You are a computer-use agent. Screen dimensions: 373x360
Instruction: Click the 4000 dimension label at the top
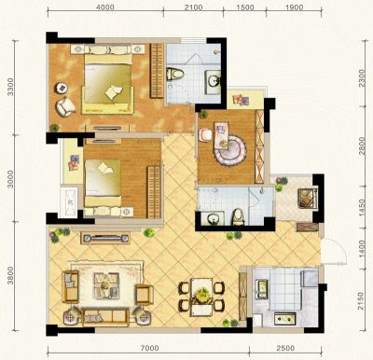(x=105, y=7)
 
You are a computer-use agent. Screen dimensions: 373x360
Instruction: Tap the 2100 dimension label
(x=193, y=7)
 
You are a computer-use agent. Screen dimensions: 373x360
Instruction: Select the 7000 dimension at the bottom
(x=149, y=348)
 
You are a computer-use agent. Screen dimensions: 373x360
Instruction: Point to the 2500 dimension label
(x=285, y=348)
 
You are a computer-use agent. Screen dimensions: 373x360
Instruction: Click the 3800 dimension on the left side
(x=11, y=275)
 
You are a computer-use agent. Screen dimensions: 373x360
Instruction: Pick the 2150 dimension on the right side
(x=361, y=300)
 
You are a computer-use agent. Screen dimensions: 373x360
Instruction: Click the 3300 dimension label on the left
(x=11, y=87)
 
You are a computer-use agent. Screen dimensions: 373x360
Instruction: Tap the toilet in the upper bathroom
(x=175, y=75)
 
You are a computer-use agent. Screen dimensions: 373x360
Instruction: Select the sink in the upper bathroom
(x=214, y=81)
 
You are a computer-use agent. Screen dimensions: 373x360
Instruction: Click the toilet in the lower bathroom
(x=238, y=217)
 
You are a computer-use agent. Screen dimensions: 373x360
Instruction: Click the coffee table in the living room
(x=106, y=285)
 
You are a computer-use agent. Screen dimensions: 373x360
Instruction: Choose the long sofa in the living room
(x=105, y=317)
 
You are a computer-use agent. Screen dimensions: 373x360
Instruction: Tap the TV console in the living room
(x=105, y=239)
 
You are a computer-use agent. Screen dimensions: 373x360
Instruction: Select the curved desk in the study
(x=229, y=143)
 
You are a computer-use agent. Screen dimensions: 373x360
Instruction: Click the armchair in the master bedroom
(x=65, y=106)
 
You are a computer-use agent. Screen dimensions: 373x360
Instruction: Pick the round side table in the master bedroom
(x=62, y=88)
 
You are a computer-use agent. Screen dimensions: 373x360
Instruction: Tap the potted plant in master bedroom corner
(x=54, y=128)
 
